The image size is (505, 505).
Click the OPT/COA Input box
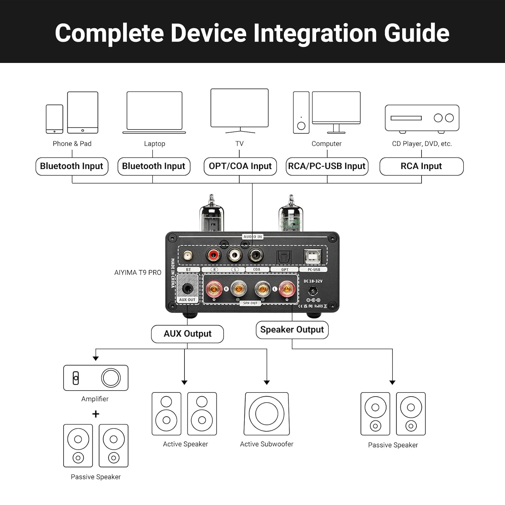(240, 166)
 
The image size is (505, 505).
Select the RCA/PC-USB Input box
(327, 166)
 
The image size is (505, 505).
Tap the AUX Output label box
(187, 334)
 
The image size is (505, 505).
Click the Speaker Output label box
(292, 330)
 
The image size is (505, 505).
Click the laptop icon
(154, 112)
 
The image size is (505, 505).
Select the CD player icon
(422, 118)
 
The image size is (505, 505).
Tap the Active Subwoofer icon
(267, 413)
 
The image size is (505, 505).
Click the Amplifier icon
(96, 378)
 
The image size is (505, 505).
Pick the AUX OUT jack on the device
(187, 289)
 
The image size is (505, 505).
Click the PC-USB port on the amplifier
(312, 257)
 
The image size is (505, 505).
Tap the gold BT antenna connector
(188, 256)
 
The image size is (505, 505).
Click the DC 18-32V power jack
(313, 290)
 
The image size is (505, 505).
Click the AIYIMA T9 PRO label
(138, 272)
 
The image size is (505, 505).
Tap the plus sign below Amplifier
(96, 414)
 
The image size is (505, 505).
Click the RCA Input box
(421, 166)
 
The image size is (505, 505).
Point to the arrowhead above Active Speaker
(184, 382)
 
